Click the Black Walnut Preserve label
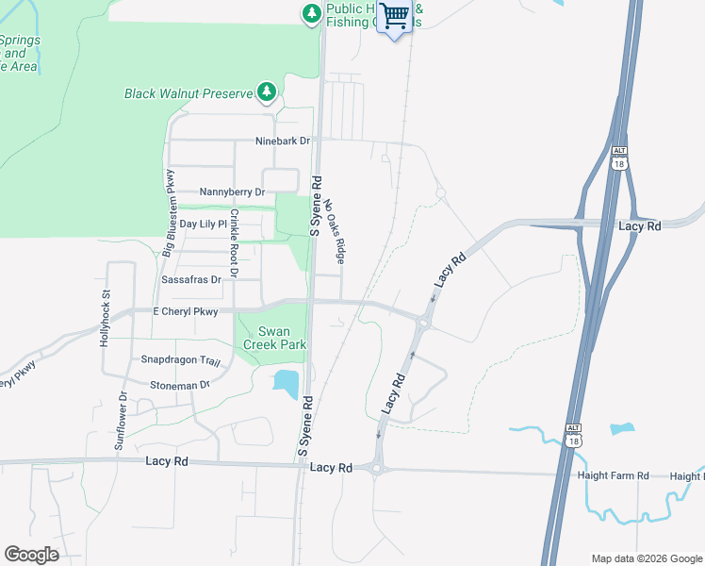(189, 93)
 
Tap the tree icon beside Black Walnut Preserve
(268, 92)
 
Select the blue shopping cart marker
(396, 18)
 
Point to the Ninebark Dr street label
(283, 141)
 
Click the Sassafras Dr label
(190, 279)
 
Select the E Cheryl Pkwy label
(185, 311)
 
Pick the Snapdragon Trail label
(180, 360)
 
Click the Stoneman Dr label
(179, 385)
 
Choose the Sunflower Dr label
(121, 420)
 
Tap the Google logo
(31, 555)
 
